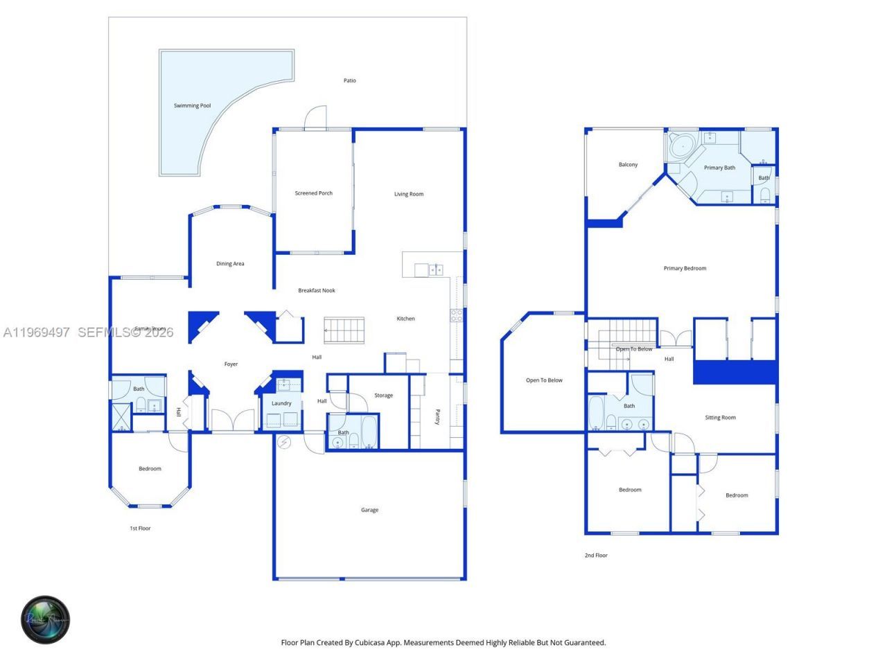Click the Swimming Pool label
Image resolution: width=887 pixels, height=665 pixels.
click(x=192, y=106)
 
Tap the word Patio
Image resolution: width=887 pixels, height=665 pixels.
click(x=350, y=81)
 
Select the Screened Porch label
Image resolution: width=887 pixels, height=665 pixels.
click(x=314, y=193)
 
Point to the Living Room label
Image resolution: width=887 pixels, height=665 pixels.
click(x=409, y=194)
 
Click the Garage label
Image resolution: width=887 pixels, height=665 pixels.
click(x=369, y=510)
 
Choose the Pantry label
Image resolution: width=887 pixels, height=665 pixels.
click(x=438, y=417)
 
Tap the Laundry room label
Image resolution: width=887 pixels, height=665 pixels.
click(x=281, y=403)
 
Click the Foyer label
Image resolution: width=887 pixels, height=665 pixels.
click(x=231, y=364)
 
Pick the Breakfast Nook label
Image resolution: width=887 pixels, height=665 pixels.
click(x=317, y=290)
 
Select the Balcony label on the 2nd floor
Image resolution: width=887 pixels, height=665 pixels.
click(x=628, y=165)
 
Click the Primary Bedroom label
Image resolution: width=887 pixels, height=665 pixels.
click(x=685, y=268)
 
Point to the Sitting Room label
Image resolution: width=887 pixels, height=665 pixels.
click(x=720, y=418)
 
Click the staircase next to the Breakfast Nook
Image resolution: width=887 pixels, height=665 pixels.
click(x=344, y=330)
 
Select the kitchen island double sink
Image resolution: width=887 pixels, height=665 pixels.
click(x=435, y=269)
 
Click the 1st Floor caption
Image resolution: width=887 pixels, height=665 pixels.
click(x=140, y=529)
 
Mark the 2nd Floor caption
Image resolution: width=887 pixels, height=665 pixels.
click(x=596, y=556)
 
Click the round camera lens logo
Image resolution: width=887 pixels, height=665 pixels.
click(x=46, y=619)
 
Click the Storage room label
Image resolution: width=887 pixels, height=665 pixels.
click(x=383, y=396)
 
